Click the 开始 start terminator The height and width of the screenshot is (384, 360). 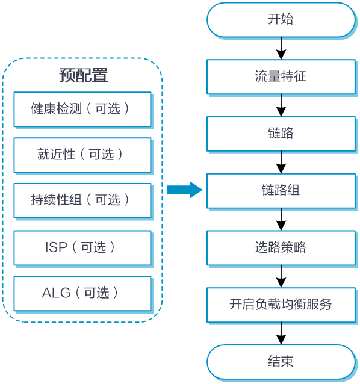pos(281,20)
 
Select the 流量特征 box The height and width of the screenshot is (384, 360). pos(281,76)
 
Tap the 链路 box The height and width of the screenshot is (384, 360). pos(281,134)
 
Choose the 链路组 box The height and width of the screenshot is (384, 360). pos(281,191)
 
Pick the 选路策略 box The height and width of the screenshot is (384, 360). pos(281,247)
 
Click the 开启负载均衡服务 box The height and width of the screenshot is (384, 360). pos(281,305)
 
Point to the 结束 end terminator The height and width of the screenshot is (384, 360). pos(281,362)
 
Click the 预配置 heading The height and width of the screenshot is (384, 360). pos(84,75)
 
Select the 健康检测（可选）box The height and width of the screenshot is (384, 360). pos(82,109)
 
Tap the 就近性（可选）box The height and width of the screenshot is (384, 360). pos(82,155)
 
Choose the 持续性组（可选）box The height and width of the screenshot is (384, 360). pos(82,200)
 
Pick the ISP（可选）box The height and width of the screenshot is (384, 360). pos(82,248)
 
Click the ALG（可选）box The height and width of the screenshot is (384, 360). pos(82,293)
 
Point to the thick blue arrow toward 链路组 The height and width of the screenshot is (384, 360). pos(185,190)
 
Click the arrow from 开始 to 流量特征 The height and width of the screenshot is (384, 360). pos(281,48)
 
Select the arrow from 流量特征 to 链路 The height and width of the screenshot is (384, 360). pos(281,105)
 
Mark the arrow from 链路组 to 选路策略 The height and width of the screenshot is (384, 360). pos(281,220)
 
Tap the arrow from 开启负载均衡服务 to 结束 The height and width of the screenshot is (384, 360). pos(281,333)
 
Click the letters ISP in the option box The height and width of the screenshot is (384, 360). pos(56,247)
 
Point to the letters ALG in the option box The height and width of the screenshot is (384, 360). pos(56,293)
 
